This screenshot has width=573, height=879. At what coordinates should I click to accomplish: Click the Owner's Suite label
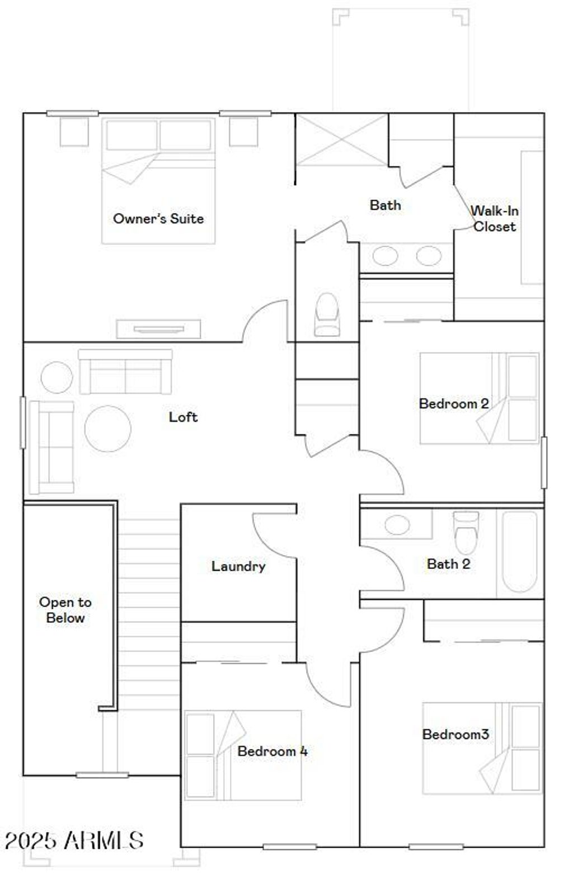pos(158,218)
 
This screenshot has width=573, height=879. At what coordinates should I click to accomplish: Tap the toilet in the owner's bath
pos(327,315)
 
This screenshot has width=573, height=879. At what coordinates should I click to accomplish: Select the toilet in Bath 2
pos(466,533)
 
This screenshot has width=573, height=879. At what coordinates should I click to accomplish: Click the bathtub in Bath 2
pos(520,551)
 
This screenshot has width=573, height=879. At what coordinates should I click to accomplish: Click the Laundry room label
pos(238,566)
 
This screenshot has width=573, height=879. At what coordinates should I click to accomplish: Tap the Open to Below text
pos(65,610)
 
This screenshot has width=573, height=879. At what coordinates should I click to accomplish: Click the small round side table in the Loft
pos(57,377)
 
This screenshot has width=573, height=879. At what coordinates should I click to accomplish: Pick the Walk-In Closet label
pos(495,219)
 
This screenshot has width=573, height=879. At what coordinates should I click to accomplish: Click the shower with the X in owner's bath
pos(341,140)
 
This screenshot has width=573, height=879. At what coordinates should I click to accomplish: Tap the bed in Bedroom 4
pos(243,755)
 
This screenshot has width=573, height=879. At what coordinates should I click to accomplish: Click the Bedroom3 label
pos(455,734)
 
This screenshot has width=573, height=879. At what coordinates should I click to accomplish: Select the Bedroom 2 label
pos(454,403)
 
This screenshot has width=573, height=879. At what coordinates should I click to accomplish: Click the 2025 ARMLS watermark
pos(74,840)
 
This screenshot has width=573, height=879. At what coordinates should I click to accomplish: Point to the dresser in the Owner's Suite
pos(158,329)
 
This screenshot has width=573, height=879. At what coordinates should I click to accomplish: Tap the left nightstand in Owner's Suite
pos(74,132)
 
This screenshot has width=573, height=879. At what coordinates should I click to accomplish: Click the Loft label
pos(183,417)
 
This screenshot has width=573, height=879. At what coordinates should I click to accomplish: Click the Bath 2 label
pos(448,564)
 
